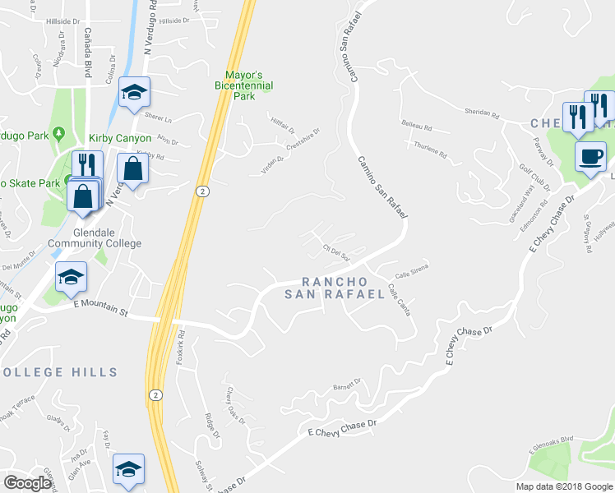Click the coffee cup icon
point(590,157)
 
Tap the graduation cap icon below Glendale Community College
point(72,279)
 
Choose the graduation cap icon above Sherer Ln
point(133,93)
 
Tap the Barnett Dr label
point(347,383)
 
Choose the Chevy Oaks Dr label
point(234,402)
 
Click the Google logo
point(27,483)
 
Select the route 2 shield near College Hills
point(155,394)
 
